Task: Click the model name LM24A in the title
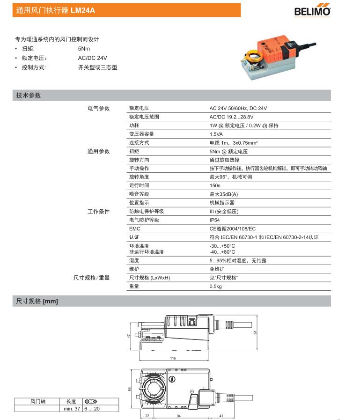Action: (83, 10)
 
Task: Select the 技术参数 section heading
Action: (29, 96)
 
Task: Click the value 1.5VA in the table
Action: (216, 134)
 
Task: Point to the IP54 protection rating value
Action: (214, 220)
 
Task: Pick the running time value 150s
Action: (215, 185)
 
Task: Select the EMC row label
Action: (134, 228)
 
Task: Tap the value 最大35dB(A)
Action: (224, 194)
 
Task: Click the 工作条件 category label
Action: (98, 211)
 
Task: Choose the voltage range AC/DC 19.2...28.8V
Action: (231, 117)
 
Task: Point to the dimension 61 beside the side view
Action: (256, 332)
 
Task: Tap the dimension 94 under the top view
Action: (178, 415)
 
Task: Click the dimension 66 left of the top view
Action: (131, 389)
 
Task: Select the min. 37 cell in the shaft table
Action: (72, 409)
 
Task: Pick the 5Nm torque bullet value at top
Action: (84, 49)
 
